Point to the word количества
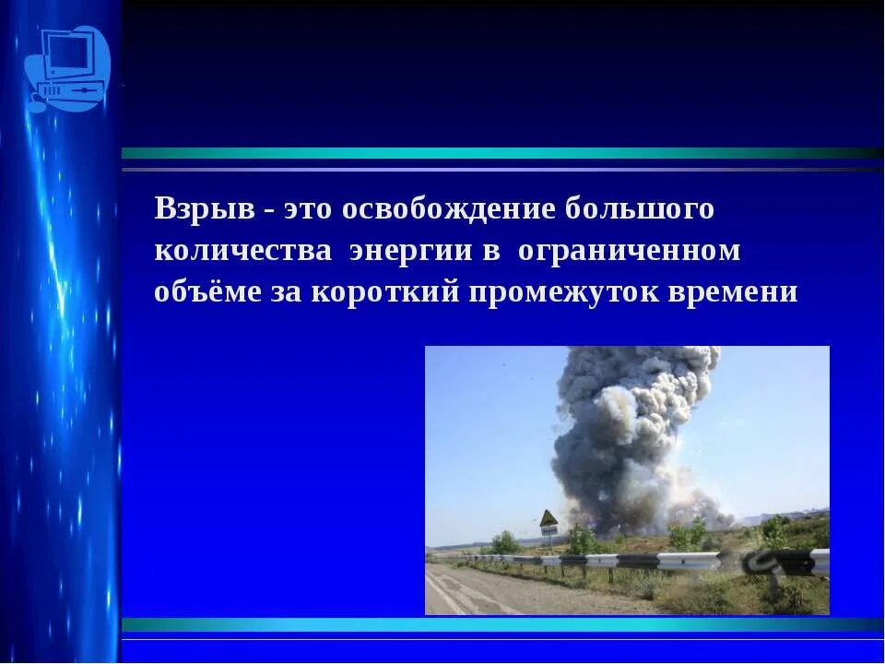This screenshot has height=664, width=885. pos(242,251)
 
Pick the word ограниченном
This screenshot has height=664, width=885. pos(629,251)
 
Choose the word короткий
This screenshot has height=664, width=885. pos(387,292)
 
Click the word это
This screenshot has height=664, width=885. pos(308,209)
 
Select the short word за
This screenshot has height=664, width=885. pos(286,292)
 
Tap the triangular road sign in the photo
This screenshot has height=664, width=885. pos(549,518)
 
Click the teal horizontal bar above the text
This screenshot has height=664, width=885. pos(502,153)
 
